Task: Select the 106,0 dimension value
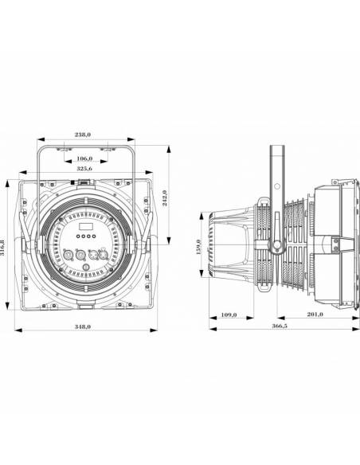pos(86,158)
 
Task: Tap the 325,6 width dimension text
pos(84,170)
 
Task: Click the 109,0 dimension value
pos(228,317)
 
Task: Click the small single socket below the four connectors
pos(86,271)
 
